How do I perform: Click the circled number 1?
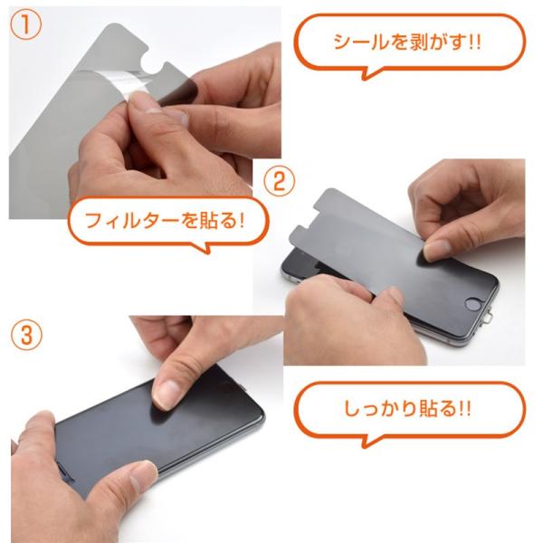click(26, 25)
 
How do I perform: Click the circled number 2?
click(280, 181)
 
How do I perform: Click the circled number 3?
click(26, 335)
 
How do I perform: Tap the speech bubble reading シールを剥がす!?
click(410, 45)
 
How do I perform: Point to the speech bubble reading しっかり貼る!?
click(410, 412)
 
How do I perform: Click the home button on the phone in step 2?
click(473, 304)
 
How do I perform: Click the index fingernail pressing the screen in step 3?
click(167, 393)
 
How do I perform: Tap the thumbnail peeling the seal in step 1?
click(143, 103)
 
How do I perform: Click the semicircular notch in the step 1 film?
click(152, 63)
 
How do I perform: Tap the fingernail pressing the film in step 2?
click(436, 248)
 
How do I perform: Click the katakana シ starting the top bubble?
click(342, 42)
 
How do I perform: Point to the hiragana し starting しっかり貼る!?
click(353, 409)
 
